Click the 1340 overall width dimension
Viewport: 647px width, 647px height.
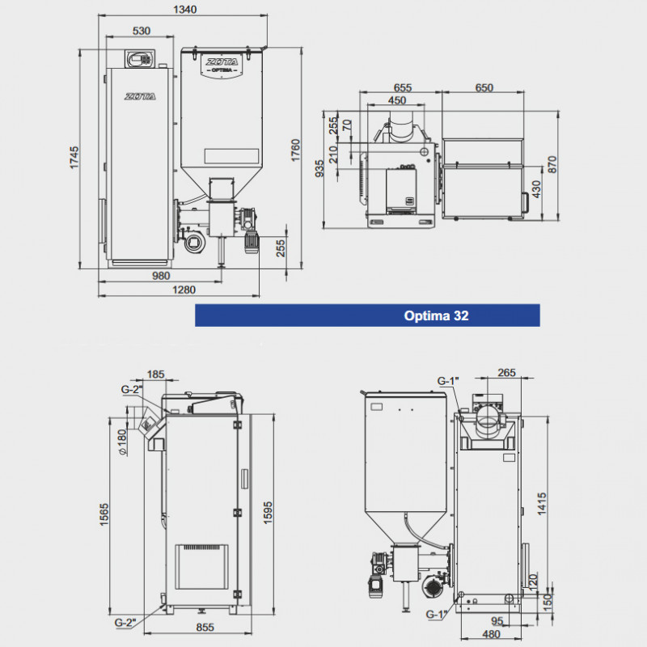[x=186, y=10]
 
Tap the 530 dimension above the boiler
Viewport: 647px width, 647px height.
[x=142, y=31]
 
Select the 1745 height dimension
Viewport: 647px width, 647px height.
[x=74, y=158]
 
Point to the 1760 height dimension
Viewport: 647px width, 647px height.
[x=296, y=152]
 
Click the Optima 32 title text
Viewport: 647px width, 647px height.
[x=436, y=316]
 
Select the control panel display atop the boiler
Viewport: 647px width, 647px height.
[x=140, y=59]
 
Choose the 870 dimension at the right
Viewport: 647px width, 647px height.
[x=552, y=164]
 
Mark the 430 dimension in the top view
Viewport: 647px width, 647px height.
[x=535, y=191]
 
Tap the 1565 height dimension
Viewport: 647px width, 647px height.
[x=104, y=513]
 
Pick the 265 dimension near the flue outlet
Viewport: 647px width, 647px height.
[x=506, y=373]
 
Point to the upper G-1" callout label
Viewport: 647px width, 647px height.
[x=447, y=381]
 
